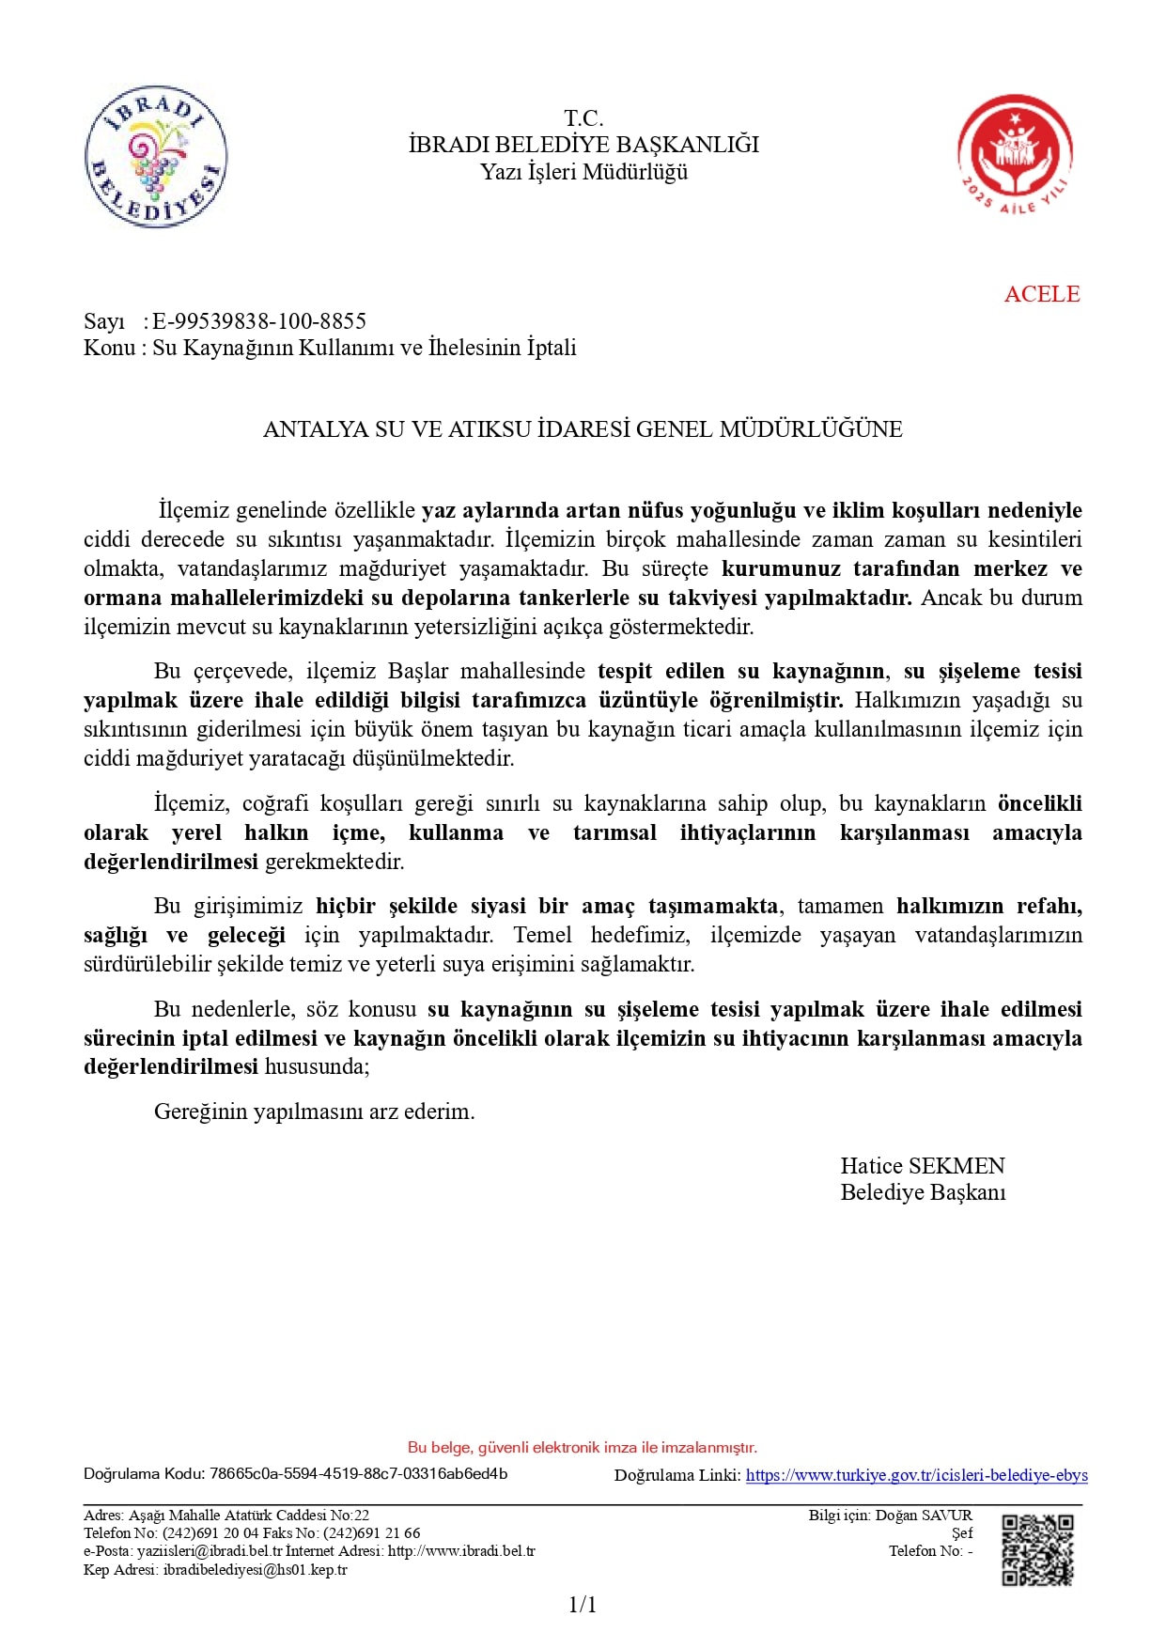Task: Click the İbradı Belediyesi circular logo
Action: click(x=156, y=157)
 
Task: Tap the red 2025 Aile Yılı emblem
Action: click(x=1015, y=154)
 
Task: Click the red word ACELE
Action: click(x=1041, y=294)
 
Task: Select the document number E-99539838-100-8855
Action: click(x=259, y=321)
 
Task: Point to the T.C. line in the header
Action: click(x=583, y=118)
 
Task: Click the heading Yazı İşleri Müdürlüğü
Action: click(x=583, y=172)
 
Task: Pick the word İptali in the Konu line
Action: click(x=552, y=348)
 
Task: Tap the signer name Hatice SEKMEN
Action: click(x=922, y=1166)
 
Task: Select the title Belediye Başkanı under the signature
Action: click(x=922, y=1192)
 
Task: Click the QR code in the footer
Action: click(x=1037, y=1549)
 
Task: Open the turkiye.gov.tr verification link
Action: click(x=916, y=1475)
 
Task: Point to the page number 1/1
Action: click(x=583, y=1605)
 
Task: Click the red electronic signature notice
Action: click(x=583, y=1447)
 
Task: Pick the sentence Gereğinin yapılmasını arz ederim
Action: click(x=315, y=1112)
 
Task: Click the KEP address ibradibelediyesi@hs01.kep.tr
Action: click(x=255, y=1570)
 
